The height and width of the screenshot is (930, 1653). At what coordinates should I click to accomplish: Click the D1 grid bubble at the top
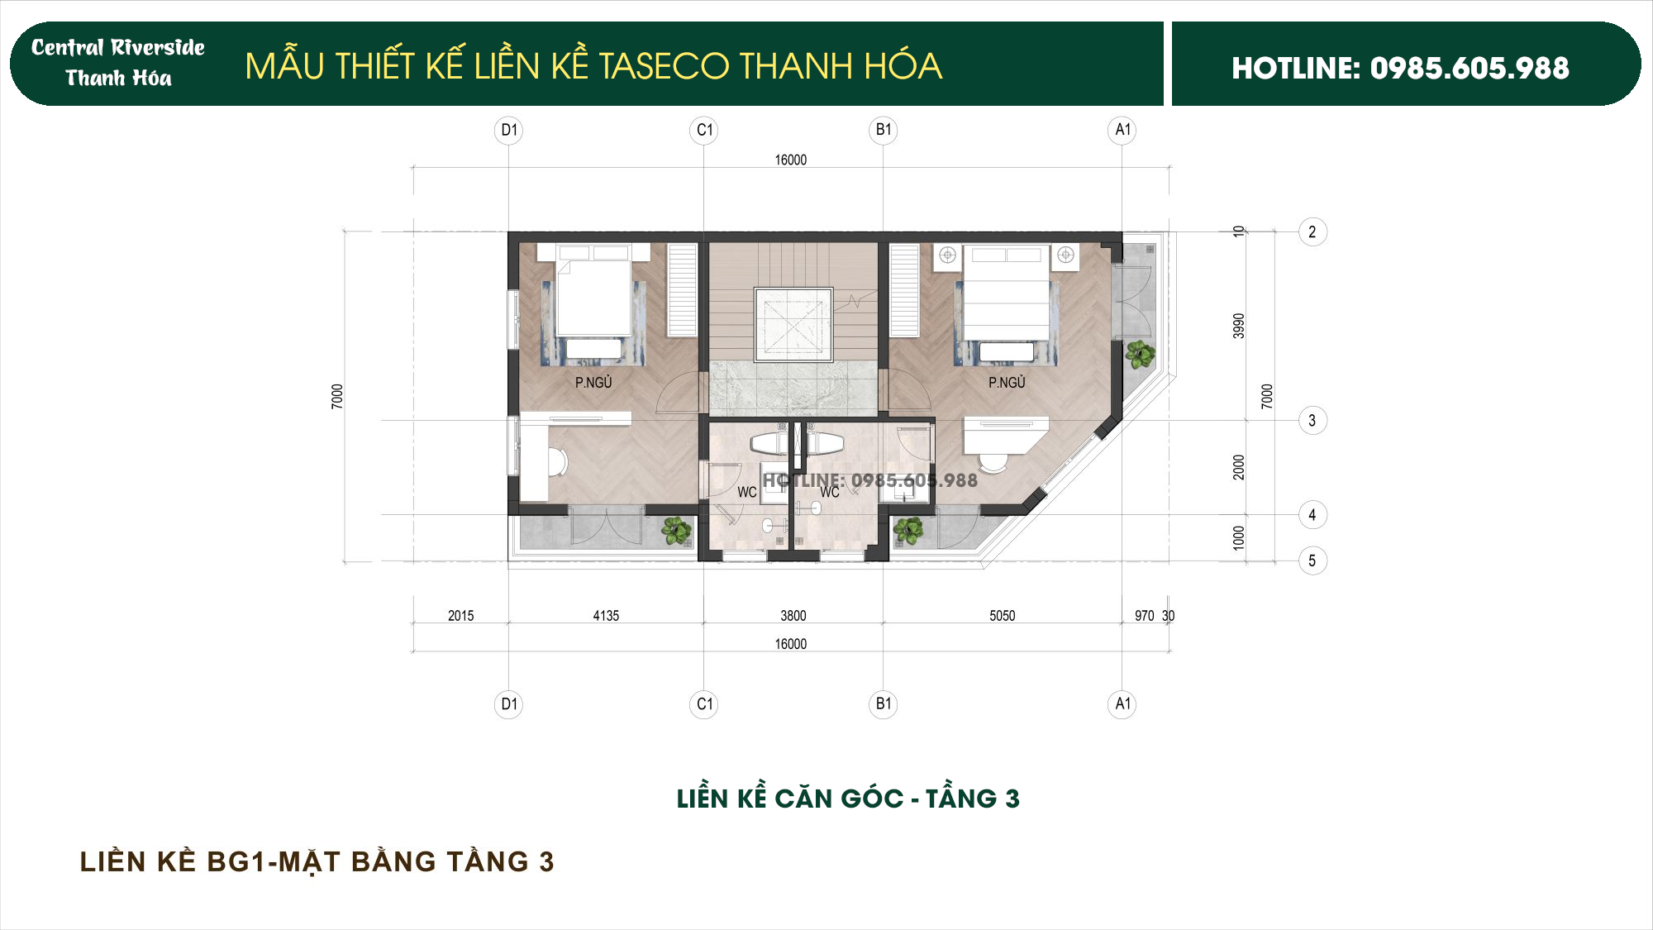pyautogui.click(x=508, y=130)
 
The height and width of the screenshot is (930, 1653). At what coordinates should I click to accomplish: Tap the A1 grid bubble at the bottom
pyautogui.click(x=1122, y=703)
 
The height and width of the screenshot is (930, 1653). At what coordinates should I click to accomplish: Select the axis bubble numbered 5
pyautogui.click(x=1312, y=560)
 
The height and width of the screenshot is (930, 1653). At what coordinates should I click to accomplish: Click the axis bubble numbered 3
pyautogui.click(x=1312, y=420)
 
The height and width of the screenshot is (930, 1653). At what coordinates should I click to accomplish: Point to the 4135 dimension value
pyautogui.click(x=606, y=616)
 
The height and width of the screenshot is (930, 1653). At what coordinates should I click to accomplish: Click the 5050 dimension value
pyautogui.click(x=1002, y=616)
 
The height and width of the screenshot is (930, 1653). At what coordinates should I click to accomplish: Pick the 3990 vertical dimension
pyautogui.click(x=1238, y=326)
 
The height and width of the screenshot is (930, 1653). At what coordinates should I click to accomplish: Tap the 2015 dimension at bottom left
pyautogui.click(x=460, y=616)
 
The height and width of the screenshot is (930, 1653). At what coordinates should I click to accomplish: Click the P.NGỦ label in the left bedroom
pyautogui.click(x=593, y=383)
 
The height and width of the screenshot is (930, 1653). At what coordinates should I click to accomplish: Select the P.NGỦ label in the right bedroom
pyautogui.click(x=1007, y=383)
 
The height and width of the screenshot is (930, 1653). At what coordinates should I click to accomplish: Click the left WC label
pyautogui.click(x=746, y=492)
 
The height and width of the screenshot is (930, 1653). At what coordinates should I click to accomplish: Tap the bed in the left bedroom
pyautogui.click(x=593, y=298)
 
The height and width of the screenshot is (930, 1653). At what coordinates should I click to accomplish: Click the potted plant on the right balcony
pyautogui.click(x=1140, y=354)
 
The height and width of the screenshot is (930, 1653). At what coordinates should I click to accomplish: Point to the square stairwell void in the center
pyautogui.click(x=793, y=325)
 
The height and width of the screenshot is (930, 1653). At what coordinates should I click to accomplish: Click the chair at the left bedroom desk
pyautogui.click(x=557, y=462)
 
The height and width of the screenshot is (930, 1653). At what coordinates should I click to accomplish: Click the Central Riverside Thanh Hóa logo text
pyautogui.click(x=118, y=63)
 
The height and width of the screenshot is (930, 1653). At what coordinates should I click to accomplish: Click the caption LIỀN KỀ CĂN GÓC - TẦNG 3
pyautogui.click(x=848, y=799)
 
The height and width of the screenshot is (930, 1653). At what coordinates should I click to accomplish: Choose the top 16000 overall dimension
pyautogui.click(x=790, y=160)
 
